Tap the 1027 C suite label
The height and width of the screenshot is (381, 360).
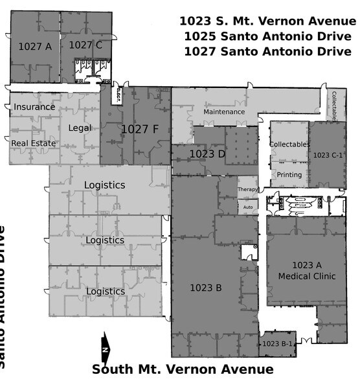(85, 45)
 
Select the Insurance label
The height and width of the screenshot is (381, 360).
(34, 107)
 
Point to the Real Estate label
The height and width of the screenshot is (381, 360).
(34, 143)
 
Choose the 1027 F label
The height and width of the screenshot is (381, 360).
(140, 129)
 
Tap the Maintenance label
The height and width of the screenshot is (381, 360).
(224, 111)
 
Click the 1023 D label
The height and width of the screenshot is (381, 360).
(207, 154)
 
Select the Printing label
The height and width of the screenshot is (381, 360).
(289, 175)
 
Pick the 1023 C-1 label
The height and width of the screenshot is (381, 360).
(328, 156)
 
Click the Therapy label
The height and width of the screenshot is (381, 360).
(248, 190)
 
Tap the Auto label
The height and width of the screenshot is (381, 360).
(248, 207)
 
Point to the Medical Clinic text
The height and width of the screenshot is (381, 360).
(307, 277)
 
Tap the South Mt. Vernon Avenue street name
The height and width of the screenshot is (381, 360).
(183, 370)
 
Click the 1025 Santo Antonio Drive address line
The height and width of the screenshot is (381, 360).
(265, 36)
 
